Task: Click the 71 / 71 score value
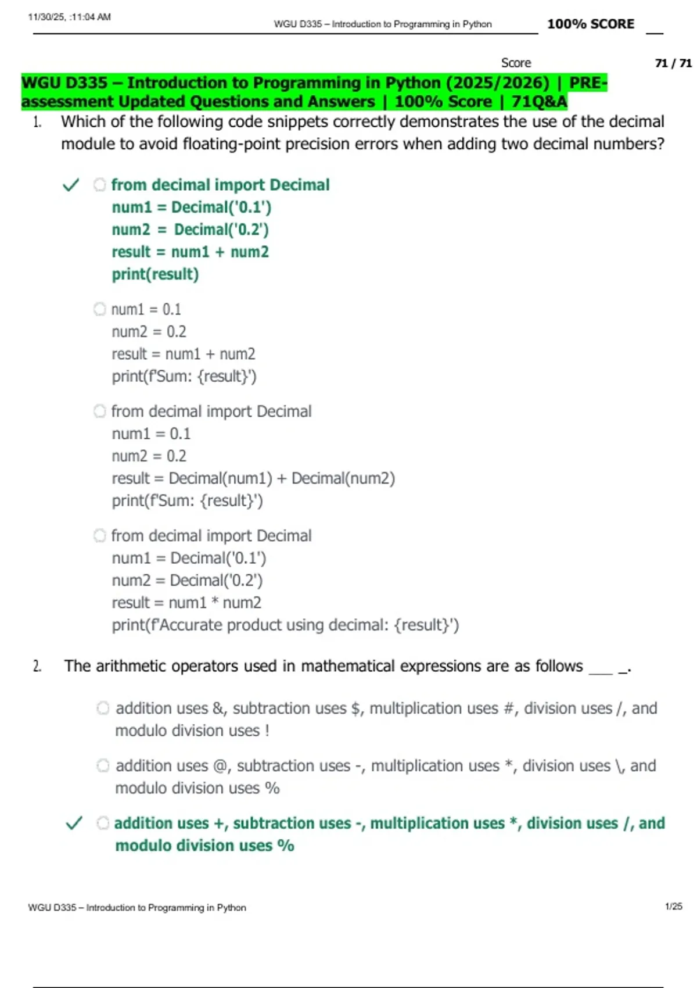(673, 63)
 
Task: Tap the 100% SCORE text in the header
(590, 24)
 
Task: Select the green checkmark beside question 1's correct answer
(71, 185)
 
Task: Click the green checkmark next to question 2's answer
(74, 823)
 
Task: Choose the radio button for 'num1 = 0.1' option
(100, 309)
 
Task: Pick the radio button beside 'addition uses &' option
(103, 708)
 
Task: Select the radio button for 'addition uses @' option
(103, 765)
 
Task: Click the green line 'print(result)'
(155, 274)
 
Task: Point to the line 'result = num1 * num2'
(186, 603)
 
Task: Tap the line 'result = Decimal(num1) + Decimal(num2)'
(253, 478)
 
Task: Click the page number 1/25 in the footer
(673, 906)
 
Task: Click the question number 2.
(37, 666)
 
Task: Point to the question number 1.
(37, 122)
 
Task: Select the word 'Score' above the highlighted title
(516, 63)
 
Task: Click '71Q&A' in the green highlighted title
(539, 102)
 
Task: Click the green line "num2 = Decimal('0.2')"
(190, 230)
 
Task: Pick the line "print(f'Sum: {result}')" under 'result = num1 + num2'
(184, 377)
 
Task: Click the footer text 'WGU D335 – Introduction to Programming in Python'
(137, 907)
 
